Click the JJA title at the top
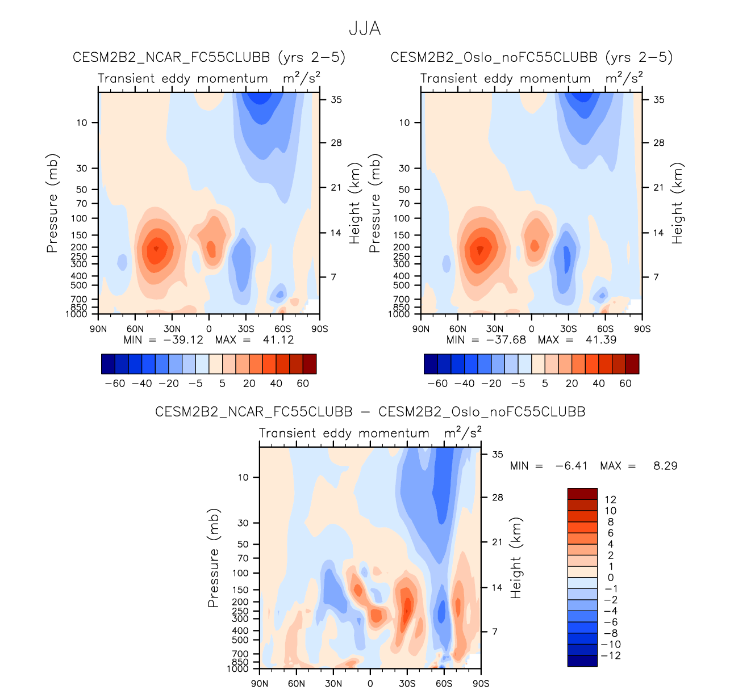365,28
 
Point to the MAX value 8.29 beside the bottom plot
665,466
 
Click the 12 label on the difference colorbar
611,500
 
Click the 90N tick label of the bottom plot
260,683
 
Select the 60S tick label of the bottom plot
444,683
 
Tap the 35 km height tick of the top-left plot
336,100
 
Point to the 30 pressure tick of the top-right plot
404,169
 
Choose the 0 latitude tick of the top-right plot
532,329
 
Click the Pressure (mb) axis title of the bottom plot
214,558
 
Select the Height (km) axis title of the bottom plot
516,558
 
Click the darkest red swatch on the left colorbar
310,364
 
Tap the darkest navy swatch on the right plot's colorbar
431,364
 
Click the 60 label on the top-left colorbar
303,384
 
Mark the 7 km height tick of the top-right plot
656,277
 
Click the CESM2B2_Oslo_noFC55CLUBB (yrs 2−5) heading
531,57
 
